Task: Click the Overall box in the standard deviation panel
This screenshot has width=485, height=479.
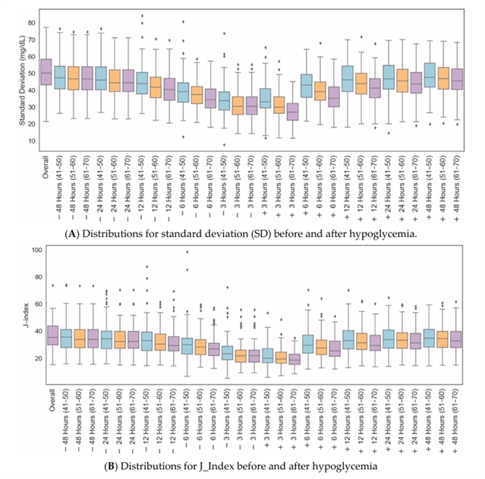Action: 46,72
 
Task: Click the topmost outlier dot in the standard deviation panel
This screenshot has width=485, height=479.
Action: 143,15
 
